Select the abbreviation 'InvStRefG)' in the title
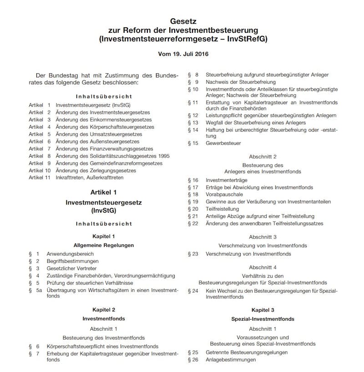tap(249, 39)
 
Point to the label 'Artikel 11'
tap(39, 178)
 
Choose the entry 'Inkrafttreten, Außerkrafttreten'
tap(89, 178)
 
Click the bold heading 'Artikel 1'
tap(104, 193)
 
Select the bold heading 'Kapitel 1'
tap(104, 236)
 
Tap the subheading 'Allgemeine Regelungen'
tap(104, 245)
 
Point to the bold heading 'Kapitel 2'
tap(104, 310)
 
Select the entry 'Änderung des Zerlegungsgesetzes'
tap(95, 170)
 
